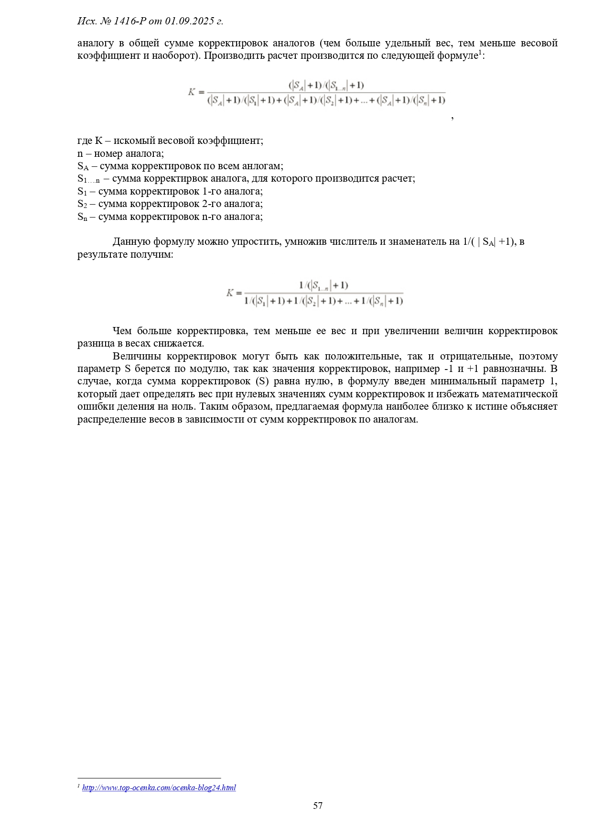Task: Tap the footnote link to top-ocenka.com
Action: [159, 787]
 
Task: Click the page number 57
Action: [318, 806]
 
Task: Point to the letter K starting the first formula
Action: [192, 92]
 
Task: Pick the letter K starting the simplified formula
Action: [230, 293]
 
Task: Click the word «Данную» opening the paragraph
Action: [131, 241]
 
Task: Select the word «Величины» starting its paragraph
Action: [137, 356]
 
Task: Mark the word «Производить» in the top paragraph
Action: [234, 55]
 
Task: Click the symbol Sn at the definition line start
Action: [82, 217]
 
